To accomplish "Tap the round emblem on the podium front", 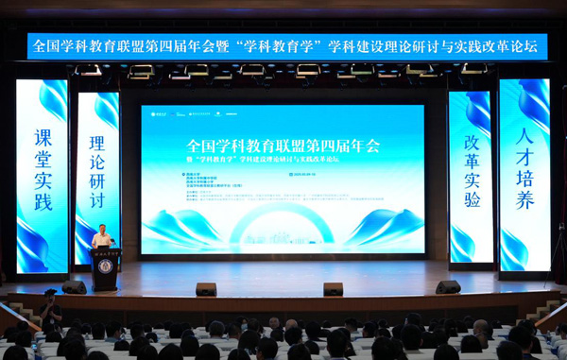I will coord(105,266).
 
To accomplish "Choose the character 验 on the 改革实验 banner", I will coord(472,198).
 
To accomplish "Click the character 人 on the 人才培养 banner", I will coord(524,133).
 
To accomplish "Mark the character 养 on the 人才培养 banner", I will coord(524,199).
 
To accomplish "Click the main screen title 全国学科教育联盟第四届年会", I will coord(283,146).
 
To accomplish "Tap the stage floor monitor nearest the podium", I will coord(74,287).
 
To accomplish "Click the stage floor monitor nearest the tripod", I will coord(448,287).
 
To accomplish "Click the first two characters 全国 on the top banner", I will coord(46,45).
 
